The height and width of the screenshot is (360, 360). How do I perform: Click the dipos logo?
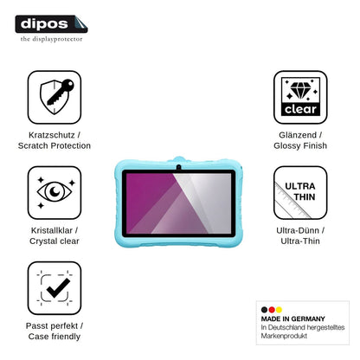[51, 24]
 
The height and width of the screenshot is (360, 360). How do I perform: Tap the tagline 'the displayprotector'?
[51, 39]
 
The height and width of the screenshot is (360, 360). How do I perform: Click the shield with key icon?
[56, 97]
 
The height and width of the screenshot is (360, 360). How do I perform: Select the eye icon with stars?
[55, 192]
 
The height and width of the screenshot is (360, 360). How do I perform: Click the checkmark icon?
[58, 288]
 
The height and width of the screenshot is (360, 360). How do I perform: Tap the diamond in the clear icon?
[300, 90]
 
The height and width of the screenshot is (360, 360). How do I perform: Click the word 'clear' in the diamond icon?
[300, 109]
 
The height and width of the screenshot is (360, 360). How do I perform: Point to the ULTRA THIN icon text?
[300, 191]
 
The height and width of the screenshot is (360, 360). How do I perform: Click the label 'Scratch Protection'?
[55, 145]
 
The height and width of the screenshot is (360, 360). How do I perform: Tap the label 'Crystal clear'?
[55, 241]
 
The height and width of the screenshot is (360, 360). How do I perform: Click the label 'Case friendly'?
[55, 337]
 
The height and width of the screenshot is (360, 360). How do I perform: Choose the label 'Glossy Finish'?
[300, 145]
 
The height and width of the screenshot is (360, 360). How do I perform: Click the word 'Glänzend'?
[298, 135]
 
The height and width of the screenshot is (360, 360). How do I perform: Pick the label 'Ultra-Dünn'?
[298, 230]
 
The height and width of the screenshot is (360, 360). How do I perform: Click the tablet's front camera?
[178, 167]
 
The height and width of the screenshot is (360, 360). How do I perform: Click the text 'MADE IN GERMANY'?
[293, 318]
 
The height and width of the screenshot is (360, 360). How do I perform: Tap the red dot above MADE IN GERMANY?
[272, 310]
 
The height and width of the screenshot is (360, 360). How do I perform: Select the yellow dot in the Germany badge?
[279, 310]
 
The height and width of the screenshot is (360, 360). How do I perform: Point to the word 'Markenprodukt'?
[284, 336]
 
